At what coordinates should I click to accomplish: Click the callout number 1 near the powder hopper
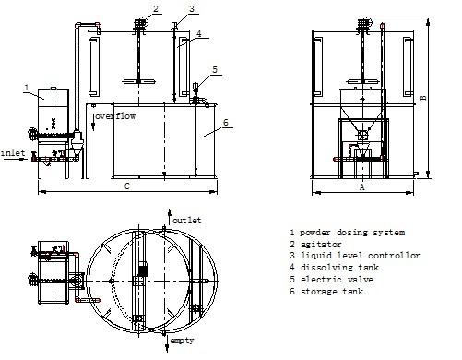tap(27, 88)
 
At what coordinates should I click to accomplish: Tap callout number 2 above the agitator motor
tap(156, 8)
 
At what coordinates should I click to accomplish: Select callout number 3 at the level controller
tap(192, 8)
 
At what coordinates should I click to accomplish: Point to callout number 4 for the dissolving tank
tap(199, 33)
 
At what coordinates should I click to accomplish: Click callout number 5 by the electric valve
tap(215, 70)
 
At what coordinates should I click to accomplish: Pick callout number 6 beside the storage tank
tap(226, 122)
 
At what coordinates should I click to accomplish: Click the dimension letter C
tap(127, 186)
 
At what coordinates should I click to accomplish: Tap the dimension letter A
tap(362, 186)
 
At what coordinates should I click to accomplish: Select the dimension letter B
tap(423, 98)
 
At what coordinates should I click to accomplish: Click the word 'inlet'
tap(13, 152)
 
